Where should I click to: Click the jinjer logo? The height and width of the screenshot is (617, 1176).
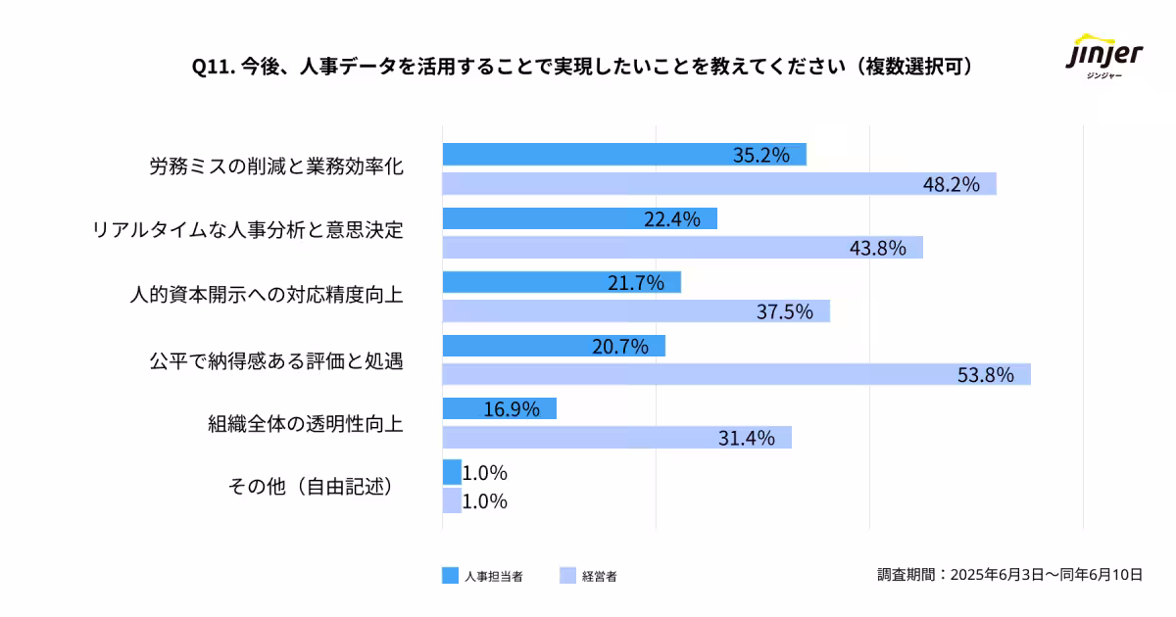pyautogui.click(x=1103, y=61)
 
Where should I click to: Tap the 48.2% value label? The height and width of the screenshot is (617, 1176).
pyautogui.click(x=952, y=185)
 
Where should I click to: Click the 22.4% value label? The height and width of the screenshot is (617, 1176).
pyautogui.click(x=672, y=219)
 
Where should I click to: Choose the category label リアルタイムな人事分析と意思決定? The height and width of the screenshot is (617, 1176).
pyautogui.click(x=247, y=230)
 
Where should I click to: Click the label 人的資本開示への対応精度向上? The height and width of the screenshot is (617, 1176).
pyautogui.click(x=267, y=295)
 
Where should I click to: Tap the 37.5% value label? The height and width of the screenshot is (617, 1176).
pyautogui.click(x=785, y=312)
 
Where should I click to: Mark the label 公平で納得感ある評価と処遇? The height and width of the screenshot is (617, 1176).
pyautogui.click(x=276, y=360)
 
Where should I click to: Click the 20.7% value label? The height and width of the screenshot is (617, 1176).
pyautogui.click(x=621, y=347)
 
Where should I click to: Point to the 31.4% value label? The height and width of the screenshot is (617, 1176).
pyautogui.click(x=747, y=438)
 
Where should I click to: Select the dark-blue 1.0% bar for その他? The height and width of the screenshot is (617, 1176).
pyautogui.click(x=451, y=473)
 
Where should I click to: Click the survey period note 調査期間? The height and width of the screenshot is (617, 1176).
pyautogui.click(x=1009, y=575)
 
